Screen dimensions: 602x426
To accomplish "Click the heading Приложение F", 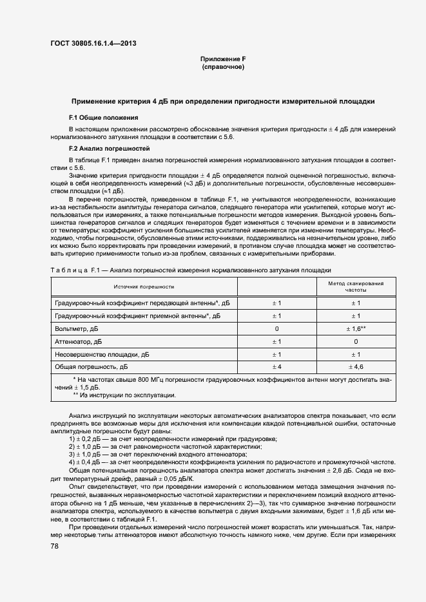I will point(222,59).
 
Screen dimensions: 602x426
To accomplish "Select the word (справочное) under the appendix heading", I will point(222,67).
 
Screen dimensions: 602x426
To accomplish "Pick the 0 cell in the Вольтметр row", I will point(276,328).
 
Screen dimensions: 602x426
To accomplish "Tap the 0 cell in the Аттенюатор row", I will point(356,341).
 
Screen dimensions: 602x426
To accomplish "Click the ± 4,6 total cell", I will point(356,366).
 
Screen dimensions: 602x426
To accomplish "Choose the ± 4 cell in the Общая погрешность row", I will point(276,366).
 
